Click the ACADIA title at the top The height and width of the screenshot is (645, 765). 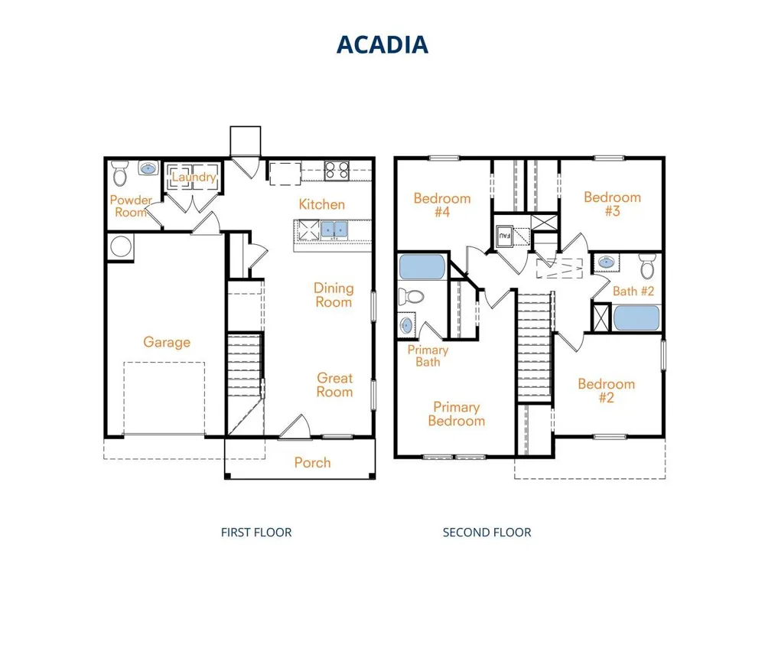click(382, 44)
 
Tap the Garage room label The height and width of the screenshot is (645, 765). click(167, 342)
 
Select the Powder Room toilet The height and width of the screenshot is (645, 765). click(119, 174)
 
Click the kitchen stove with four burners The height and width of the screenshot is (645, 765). click(337, 171)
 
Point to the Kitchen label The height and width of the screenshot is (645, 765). click(321, 204)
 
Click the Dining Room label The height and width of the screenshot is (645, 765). click(334, 295)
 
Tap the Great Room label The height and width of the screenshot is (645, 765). click(335, 385)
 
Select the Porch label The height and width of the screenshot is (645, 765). click(312, 463)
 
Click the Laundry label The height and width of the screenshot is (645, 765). click(194, 177)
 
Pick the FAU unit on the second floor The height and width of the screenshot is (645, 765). click(504, 236)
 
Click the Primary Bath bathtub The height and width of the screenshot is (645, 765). click(422, 267)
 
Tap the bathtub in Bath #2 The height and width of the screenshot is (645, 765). click(636, 318)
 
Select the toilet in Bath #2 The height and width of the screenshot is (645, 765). click(647, 266)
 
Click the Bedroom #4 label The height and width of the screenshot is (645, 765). click(442, 205)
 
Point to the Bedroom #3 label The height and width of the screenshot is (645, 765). click(612, 204)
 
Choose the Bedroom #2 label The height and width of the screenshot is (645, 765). click(607, 390)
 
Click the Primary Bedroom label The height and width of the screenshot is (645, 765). click(457, 414)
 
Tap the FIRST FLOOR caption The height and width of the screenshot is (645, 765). click(256, 533)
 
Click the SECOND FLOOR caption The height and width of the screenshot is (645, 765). click(487, 533)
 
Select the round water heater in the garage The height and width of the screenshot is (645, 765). click(121, 246)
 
